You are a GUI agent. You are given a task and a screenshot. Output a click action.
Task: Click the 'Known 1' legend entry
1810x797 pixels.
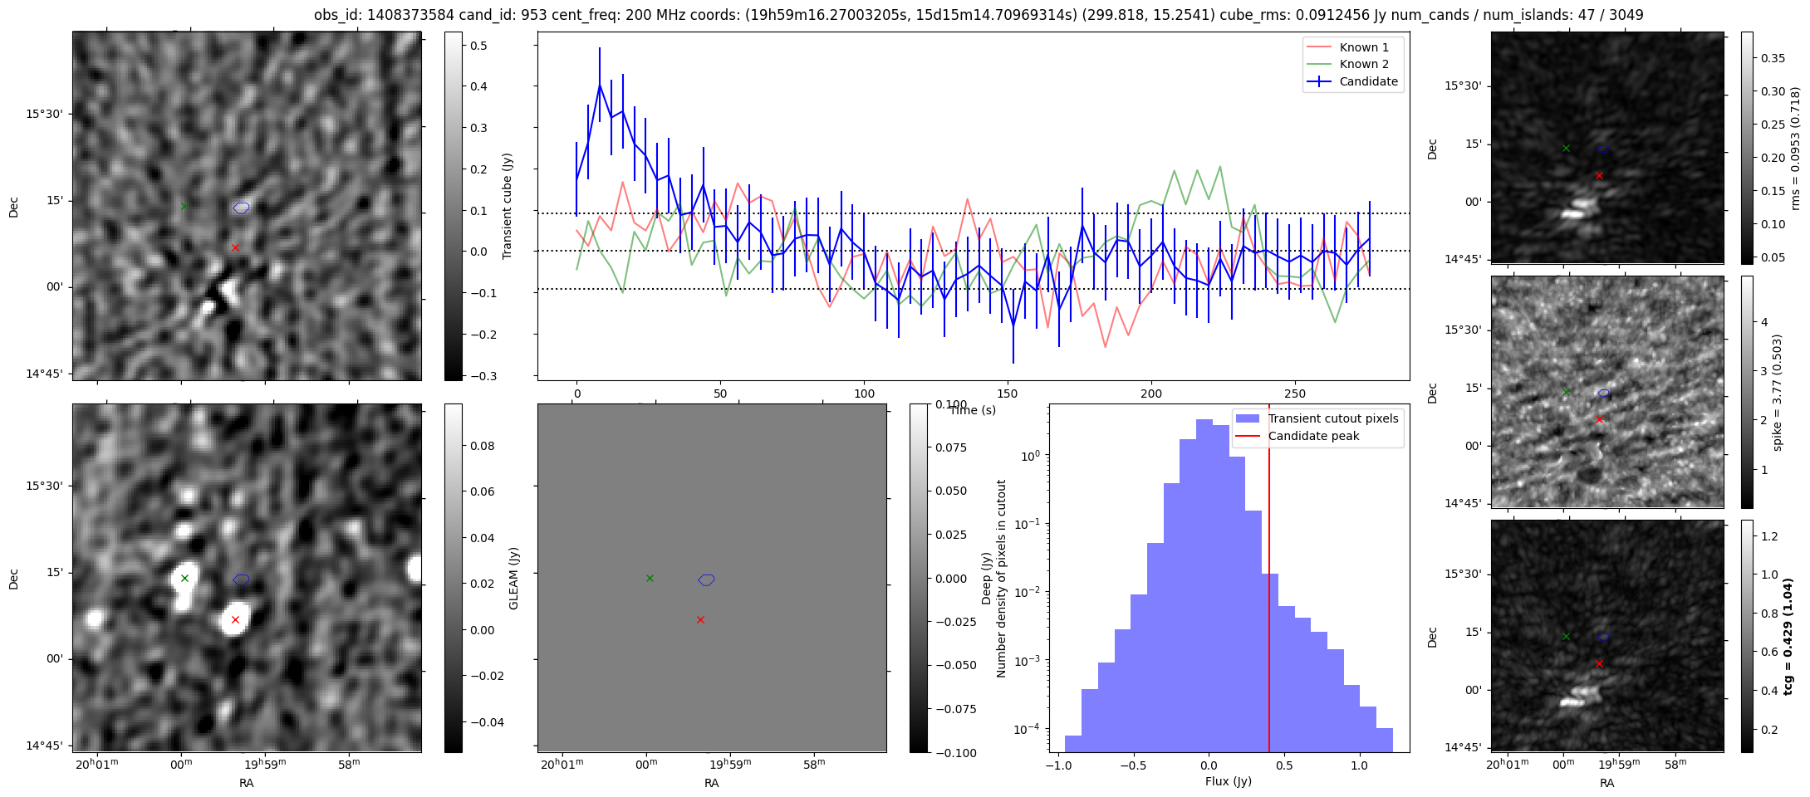click(1363, 47)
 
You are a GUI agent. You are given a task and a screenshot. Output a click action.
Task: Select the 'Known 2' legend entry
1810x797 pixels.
click(1363, 64)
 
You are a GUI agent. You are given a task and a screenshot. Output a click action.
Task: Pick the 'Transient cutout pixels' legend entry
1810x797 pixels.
click(1332, 418)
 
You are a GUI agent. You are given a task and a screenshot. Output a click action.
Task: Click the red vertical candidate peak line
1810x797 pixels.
click(1269, 581)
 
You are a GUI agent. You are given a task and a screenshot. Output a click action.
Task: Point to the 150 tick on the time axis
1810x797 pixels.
click(1008, 394)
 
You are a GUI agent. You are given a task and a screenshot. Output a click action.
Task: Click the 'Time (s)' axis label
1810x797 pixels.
click(973, 410)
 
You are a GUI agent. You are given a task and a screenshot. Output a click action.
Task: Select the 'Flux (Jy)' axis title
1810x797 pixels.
click(1229, 781)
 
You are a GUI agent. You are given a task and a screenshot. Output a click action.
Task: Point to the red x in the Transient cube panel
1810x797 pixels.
click(235, 247)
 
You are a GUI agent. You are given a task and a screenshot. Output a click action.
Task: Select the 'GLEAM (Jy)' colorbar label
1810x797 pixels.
click(513, 578)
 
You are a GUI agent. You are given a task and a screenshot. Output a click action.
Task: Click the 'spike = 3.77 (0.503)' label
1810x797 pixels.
click(1778, 392)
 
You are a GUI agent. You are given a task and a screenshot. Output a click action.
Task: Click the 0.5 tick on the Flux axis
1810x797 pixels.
click(1284, 765)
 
